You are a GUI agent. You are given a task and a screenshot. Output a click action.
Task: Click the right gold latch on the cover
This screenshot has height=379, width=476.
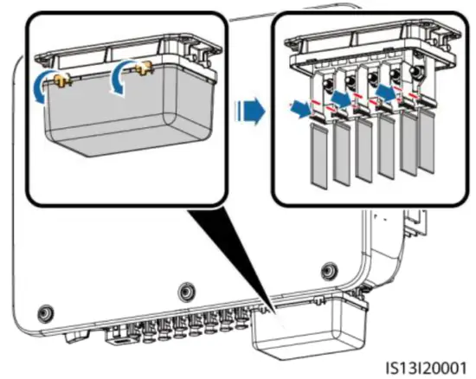pos(144,68)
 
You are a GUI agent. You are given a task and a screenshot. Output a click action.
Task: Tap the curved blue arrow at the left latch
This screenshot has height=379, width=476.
pos(40,88)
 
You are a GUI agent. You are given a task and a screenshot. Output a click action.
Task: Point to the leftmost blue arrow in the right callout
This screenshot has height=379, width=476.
pos(301,110)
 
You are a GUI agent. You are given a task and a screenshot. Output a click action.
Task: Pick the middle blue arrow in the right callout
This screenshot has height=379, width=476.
pos(342,98)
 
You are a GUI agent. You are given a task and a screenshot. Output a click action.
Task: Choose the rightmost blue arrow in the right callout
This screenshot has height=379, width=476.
pos(386,93)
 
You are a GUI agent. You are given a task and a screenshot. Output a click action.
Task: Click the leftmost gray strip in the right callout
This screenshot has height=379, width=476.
pos(319,156)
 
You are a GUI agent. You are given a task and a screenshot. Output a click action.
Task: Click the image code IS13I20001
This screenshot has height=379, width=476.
pos(426,368)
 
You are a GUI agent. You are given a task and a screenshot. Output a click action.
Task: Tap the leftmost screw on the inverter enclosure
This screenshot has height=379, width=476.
pos(46,313)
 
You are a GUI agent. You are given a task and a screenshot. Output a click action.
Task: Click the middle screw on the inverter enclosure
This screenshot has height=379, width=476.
pos(186,292)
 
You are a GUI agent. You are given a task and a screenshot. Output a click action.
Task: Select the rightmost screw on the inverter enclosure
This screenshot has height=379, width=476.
pos(328,269)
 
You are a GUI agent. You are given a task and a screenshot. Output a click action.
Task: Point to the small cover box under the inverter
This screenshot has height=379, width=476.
pos(310,328)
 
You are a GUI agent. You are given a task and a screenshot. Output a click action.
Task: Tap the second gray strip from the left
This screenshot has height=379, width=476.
pos(342,153)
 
